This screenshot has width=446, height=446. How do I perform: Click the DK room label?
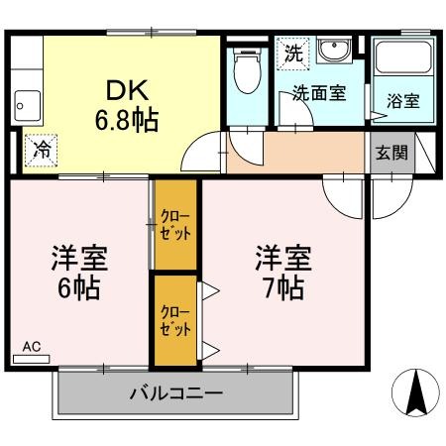(x=127, y=90)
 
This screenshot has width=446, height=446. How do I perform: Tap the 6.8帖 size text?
(x=127, y=121)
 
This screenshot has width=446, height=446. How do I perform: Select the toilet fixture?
(x=247, y=70)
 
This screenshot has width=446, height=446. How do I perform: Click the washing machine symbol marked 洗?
(x=293, y=54)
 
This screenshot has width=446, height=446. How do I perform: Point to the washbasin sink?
(x=334, y=51)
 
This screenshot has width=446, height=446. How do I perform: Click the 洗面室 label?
(x=319, y=93)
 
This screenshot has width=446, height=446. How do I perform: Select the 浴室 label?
(x=403, y=101)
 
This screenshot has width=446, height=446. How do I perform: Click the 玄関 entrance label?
(x=391, y=153)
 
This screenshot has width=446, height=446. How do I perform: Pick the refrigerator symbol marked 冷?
(x=41, y=151)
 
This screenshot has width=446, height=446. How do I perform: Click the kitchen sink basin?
(x=28, y=106)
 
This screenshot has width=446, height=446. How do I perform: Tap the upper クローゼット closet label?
(x=175, y=225)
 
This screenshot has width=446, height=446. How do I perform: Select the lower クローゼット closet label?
(x=175, y=321)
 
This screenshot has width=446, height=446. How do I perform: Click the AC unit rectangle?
(x=31, y=359)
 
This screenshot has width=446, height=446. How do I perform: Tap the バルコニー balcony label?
(x=176, y=393)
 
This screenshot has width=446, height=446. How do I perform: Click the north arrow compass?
(x=415, y=392)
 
